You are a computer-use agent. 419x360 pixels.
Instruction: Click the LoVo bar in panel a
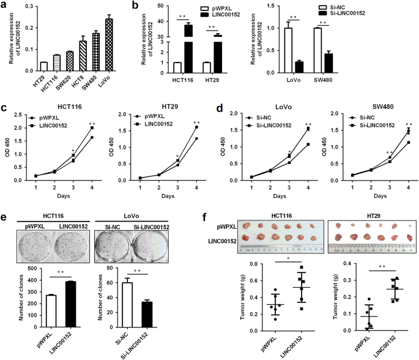pos(108,45)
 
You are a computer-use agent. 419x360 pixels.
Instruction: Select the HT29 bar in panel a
pos(43,66)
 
